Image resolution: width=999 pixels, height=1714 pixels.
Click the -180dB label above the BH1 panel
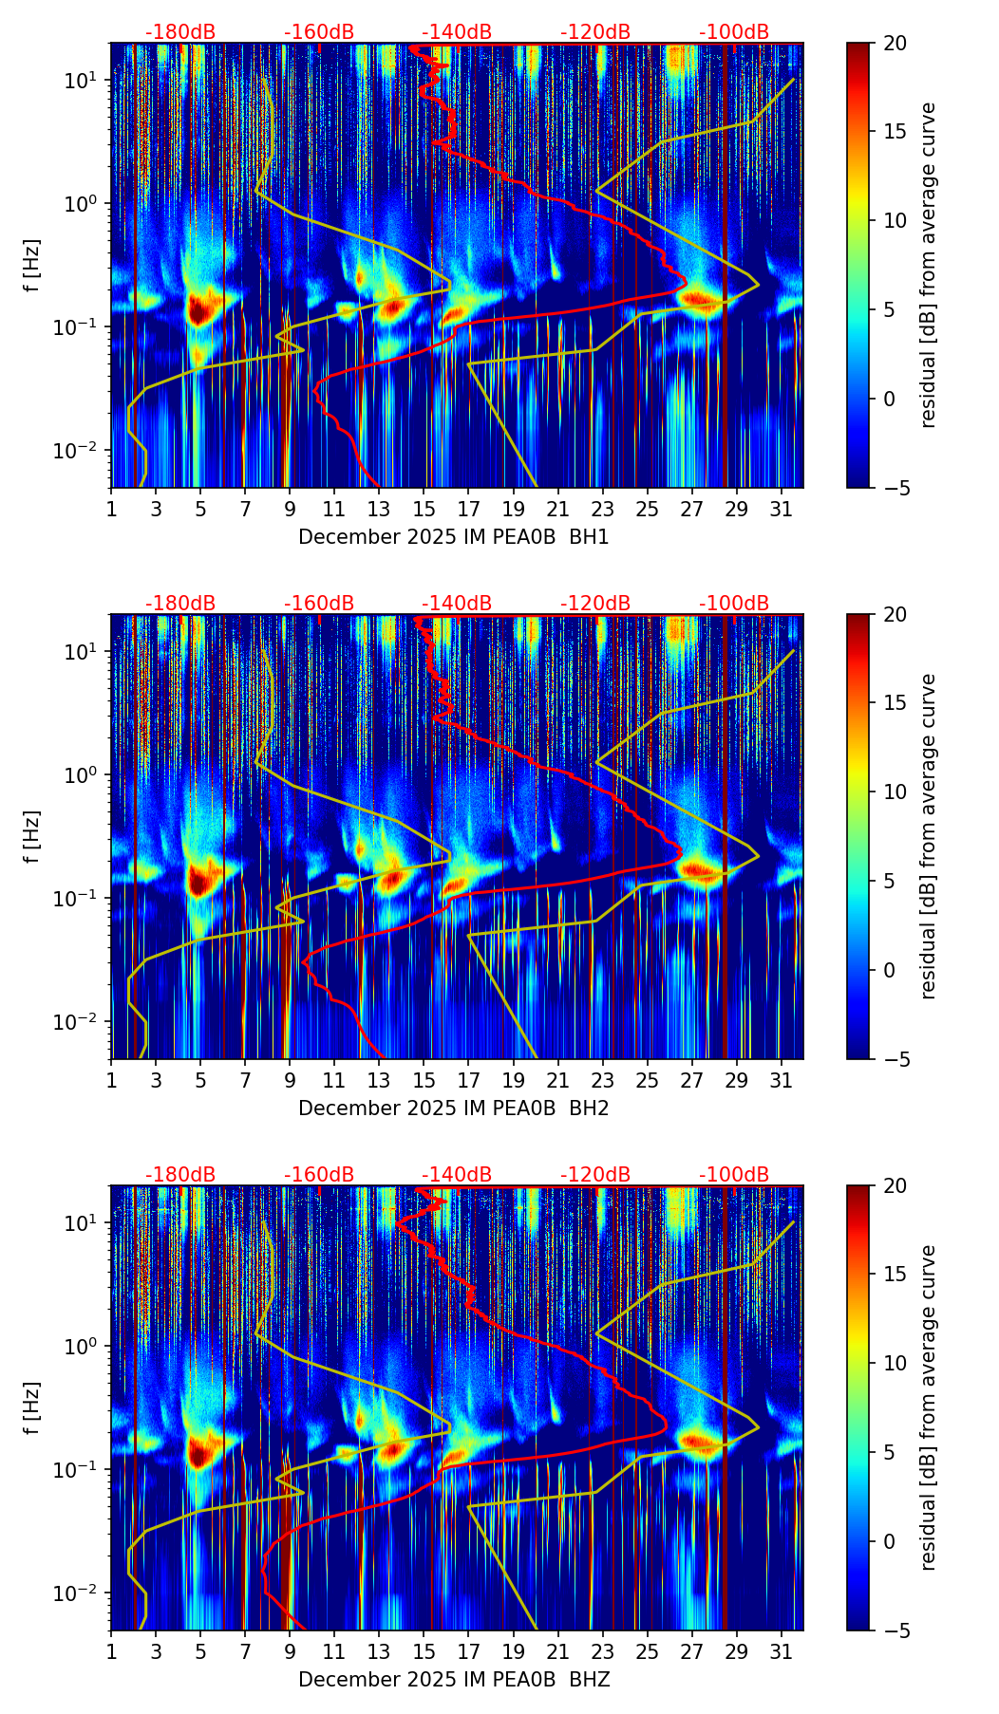(x=180, y=32)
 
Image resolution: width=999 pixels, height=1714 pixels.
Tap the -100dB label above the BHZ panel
(x=734, y=1175)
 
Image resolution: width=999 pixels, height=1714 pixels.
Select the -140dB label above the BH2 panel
(x=457, y=604)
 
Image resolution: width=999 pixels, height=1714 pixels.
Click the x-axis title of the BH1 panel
(x=454, y=537)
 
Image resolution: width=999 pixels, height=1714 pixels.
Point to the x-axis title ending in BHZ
(x=454, y=1680)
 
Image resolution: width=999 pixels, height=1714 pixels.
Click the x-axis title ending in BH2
(x=454, y=1109)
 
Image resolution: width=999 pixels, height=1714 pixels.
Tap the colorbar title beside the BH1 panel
(x=928, y=265)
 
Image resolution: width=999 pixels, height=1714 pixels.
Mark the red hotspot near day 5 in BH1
(x=198, y=309)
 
